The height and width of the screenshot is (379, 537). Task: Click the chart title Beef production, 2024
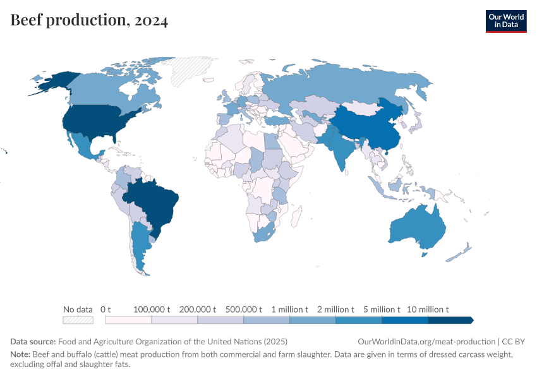pyautogui.click(x=89, y=21)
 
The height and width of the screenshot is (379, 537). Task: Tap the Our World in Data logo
pyautogui.click(x=505, y=21)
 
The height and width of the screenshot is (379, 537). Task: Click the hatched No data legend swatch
pyautogui.click(x=78, y=320)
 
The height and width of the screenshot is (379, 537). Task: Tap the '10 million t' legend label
pyautogui.click(x=428, y=310)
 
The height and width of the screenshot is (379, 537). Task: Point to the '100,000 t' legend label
pyautogui.click(x=152, y=310)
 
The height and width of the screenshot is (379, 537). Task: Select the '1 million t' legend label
pyautogui.click(x=290, y=310)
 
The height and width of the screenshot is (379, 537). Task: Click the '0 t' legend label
pyautogui.click(x=106, y=310)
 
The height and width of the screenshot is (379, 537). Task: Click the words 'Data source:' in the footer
pyautogui.click(x=33, y=341)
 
